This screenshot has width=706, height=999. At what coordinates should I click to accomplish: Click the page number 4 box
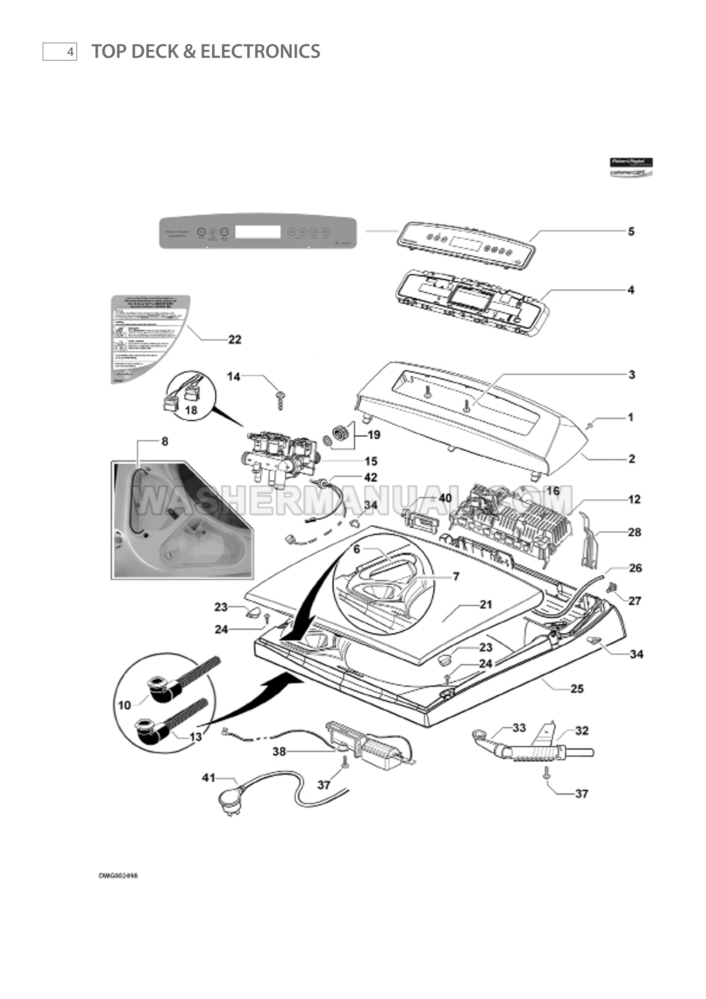point(60,52)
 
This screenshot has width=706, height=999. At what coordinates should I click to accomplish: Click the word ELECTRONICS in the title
point(260,52)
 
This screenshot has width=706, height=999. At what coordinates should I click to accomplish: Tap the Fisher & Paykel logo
point(631,167)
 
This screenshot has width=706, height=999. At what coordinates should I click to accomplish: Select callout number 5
point(631,232)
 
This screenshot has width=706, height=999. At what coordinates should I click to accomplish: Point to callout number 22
point(235,340)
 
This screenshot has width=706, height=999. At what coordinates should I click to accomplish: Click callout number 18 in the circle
point(191,410)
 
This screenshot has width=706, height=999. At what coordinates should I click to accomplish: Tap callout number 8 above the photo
point(165,441)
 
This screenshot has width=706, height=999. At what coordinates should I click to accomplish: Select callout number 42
point(371,477)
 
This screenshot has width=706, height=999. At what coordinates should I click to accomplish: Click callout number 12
point(634,499)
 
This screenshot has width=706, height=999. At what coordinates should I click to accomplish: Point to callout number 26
point(635,568)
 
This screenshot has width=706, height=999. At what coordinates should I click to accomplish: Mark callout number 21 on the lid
point(486,605)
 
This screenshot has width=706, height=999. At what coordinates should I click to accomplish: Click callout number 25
point(577,689)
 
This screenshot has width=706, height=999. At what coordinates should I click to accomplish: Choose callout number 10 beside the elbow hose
point(125,705)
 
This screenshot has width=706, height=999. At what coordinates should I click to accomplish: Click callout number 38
point(279,752)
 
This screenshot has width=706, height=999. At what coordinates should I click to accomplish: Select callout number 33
point(519,728)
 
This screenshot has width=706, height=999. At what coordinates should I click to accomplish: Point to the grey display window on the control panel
point(258,232)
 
